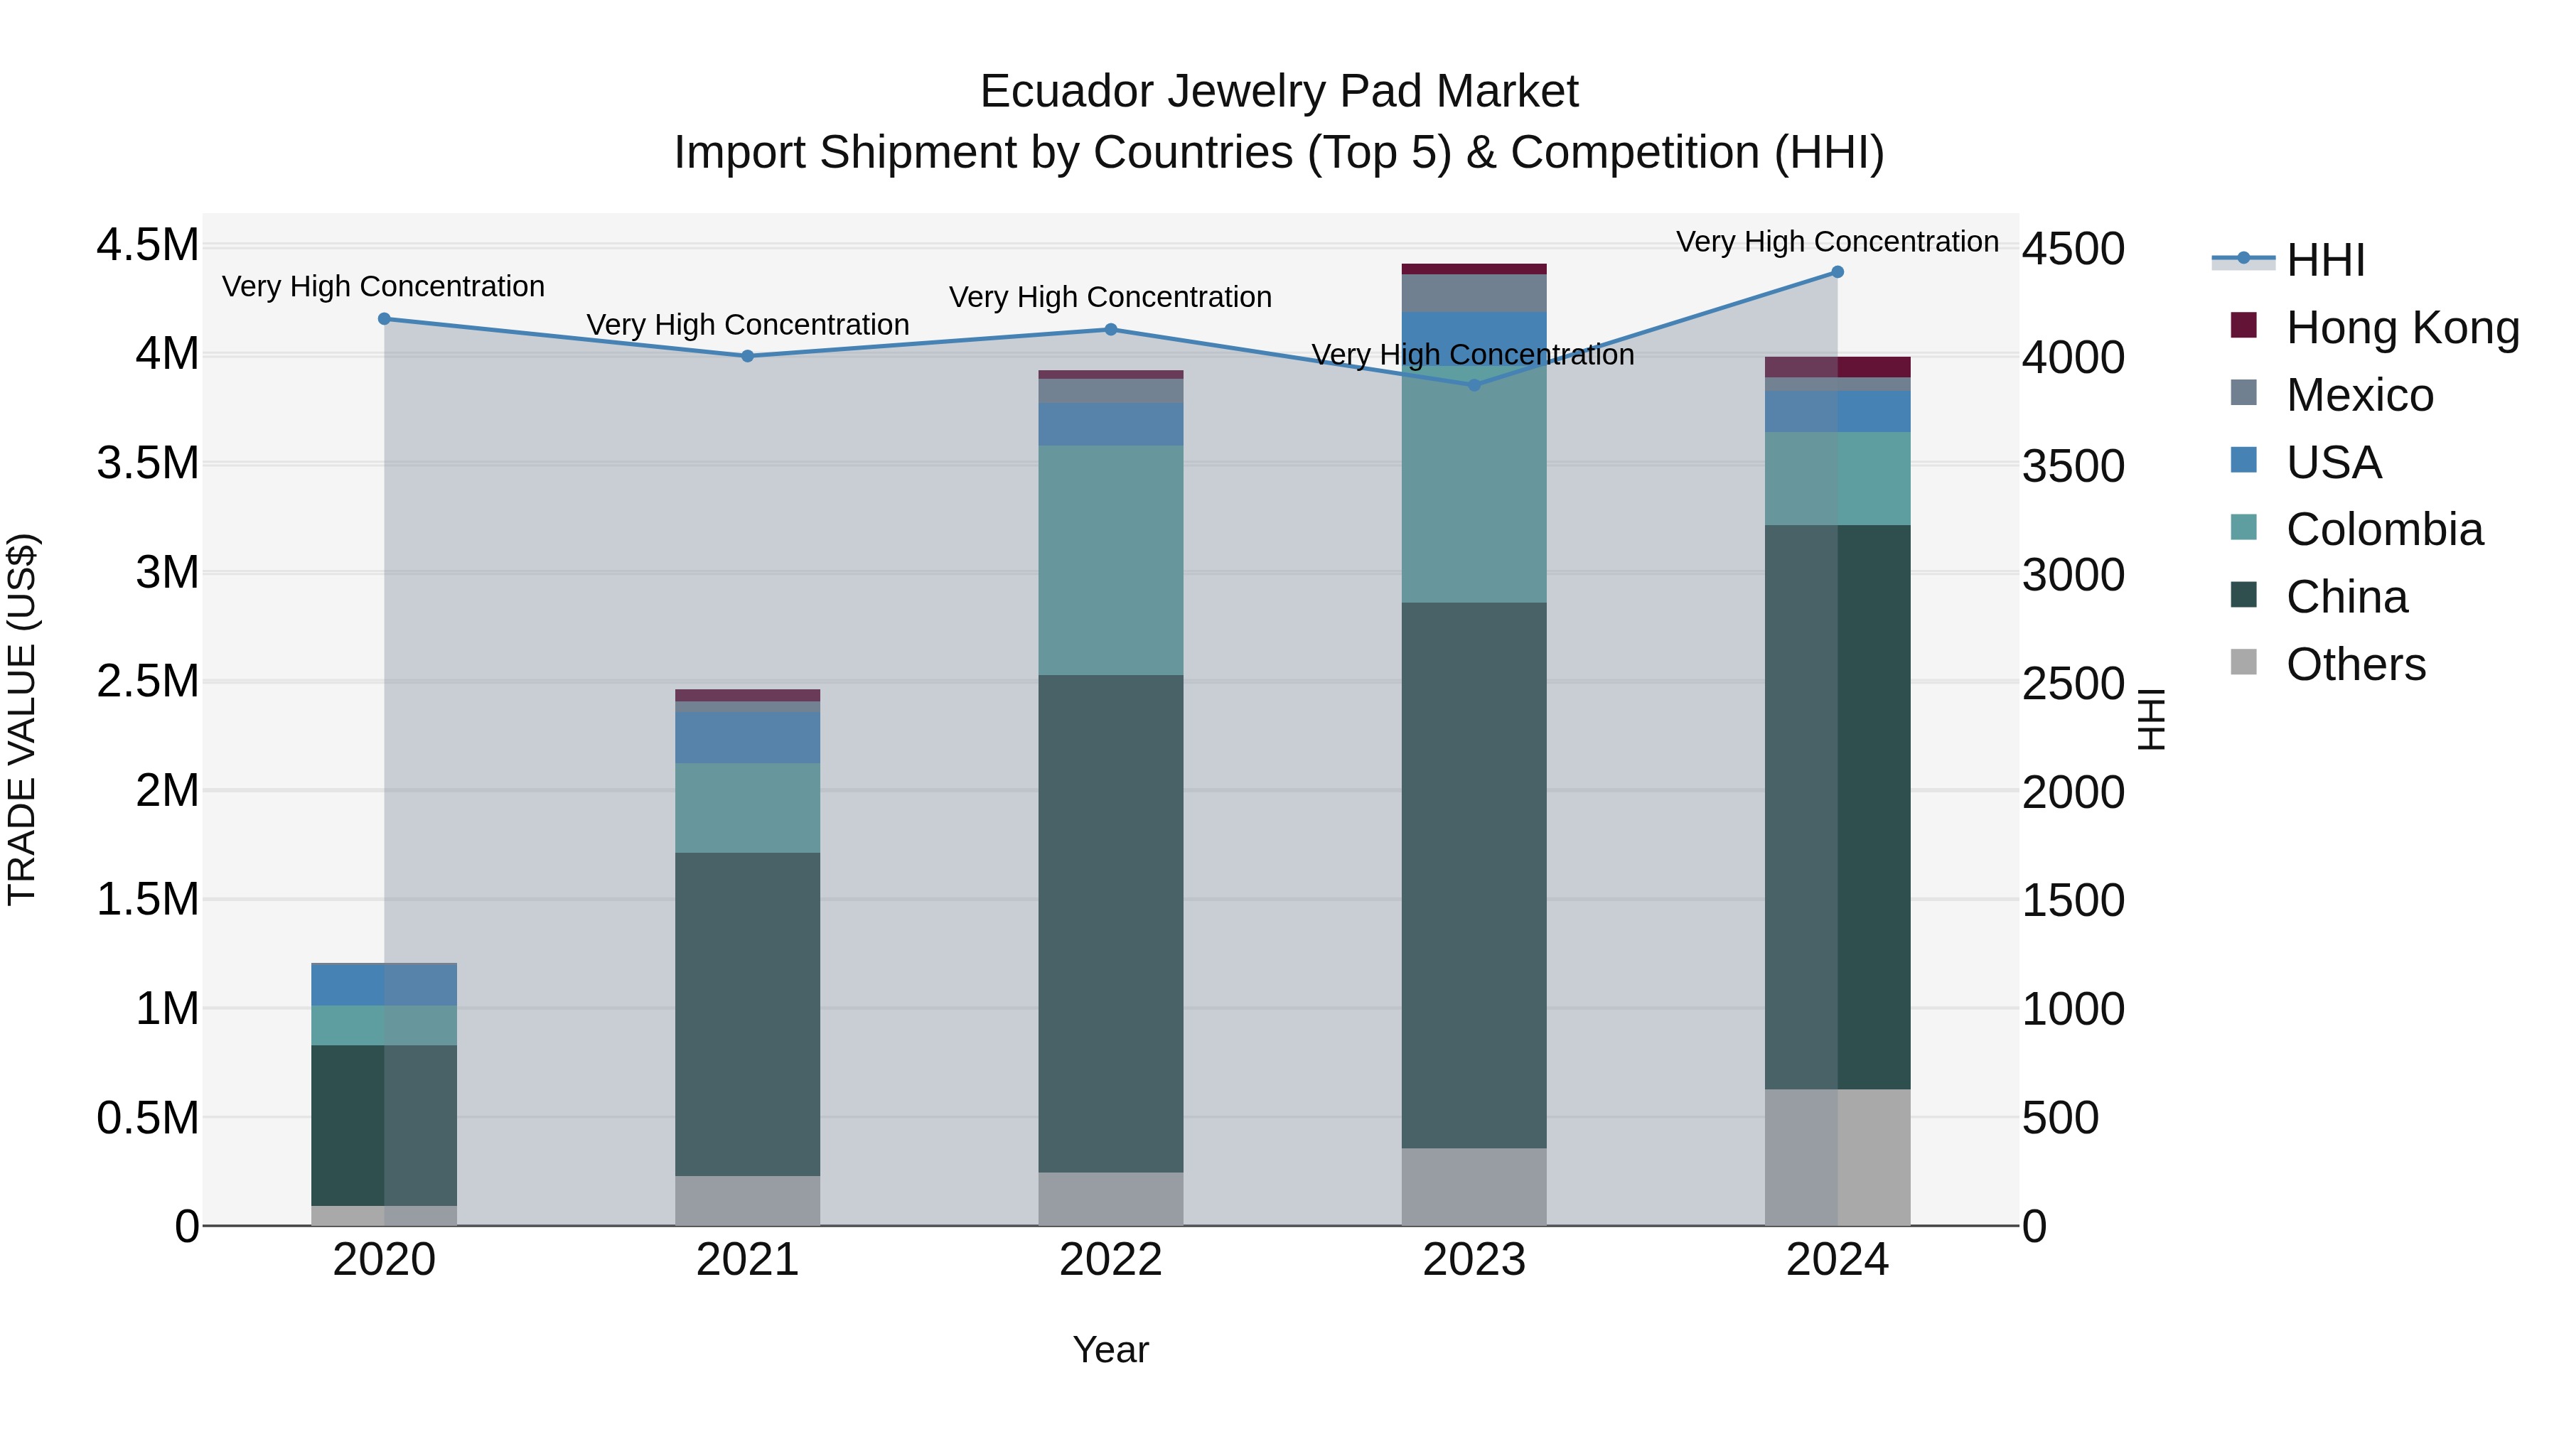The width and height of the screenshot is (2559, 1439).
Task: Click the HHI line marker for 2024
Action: pos(1837,272)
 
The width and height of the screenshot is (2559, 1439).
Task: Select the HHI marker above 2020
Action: pos(385,319)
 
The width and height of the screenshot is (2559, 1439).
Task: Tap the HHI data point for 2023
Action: pos(1474,385)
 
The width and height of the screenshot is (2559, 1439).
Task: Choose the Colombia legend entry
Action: pos(2383,529)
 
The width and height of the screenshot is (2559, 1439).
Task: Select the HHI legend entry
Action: pos(2324,260)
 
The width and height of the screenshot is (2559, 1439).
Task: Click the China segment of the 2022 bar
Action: pos(1110,924)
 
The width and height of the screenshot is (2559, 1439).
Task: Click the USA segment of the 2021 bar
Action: pos(747,737)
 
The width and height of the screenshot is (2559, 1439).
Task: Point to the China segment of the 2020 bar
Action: pos(385,1125)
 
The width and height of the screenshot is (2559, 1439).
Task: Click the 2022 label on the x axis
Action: pos(1110,1260)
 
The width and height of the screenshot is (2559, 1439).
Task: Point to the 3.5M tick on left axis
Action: pos(147,464)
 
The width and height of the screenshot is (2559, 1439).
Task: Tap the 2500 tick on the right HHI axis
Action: pos(2074,683)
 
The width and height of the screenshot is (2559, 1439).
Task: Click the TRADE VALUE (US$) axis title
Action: pos(22,719)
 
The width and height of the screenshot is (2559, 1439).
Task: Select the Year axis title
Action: pos(1110,1349)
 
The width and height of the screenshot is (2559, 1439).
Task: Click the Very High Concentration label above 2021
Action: pos(747,325)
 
